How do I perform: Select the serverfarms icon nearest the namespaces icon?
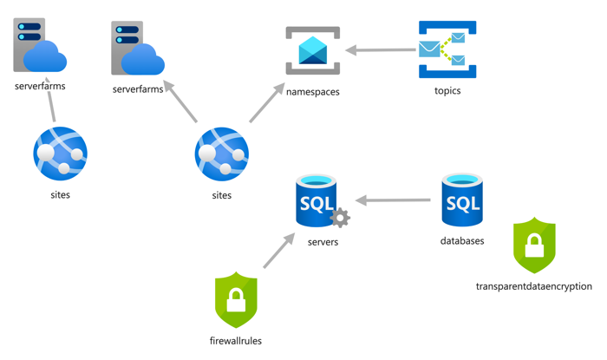coord(138,49)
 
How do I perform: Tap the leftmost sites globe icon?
coord(60,154)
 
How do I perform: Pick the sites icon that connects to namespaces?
coord(222,155)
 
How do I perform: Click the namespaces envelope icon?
coord(313,51)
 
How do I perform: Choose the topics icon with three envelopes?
coord(447,50)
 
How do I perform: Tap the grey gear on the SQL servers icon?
coord(340,218)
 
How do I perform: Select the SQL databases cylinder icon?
coord(462,200)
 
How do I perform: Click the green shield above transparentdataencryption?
coord(534,246)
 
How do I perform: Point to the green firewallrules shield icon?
coord(236,300)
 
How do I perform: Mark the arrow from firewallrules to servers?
coord(278,251)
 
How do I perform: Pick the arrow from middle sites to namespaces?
coord(267,103)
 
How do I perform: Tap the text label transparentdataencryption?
coord(533,286)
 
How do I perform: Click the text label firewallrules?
coord(235,341)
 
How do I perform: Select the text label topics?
coord(447,91)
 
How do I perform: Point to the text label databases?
coord(462,241)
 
